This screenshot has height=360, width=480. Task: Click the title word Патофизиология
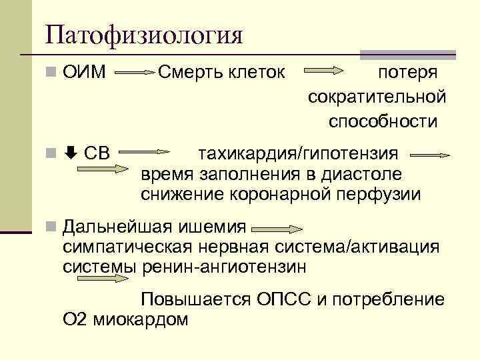(144, 34)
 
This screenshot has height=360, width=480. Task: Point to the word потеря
(407, 71)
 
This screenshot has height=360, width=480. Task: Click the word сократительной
(377, 97)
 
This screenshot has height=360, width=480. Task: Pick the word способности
(383, 122)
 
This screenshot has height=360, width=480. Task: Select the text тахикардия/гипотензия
(299, 154)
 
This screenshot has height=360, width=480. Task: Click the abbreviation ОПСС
(281, 299)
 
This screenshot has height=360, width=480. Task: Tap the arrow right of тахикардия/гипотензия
(429, 155)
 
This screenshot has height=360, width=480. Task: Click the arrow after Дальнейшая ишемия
(275, 229)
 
